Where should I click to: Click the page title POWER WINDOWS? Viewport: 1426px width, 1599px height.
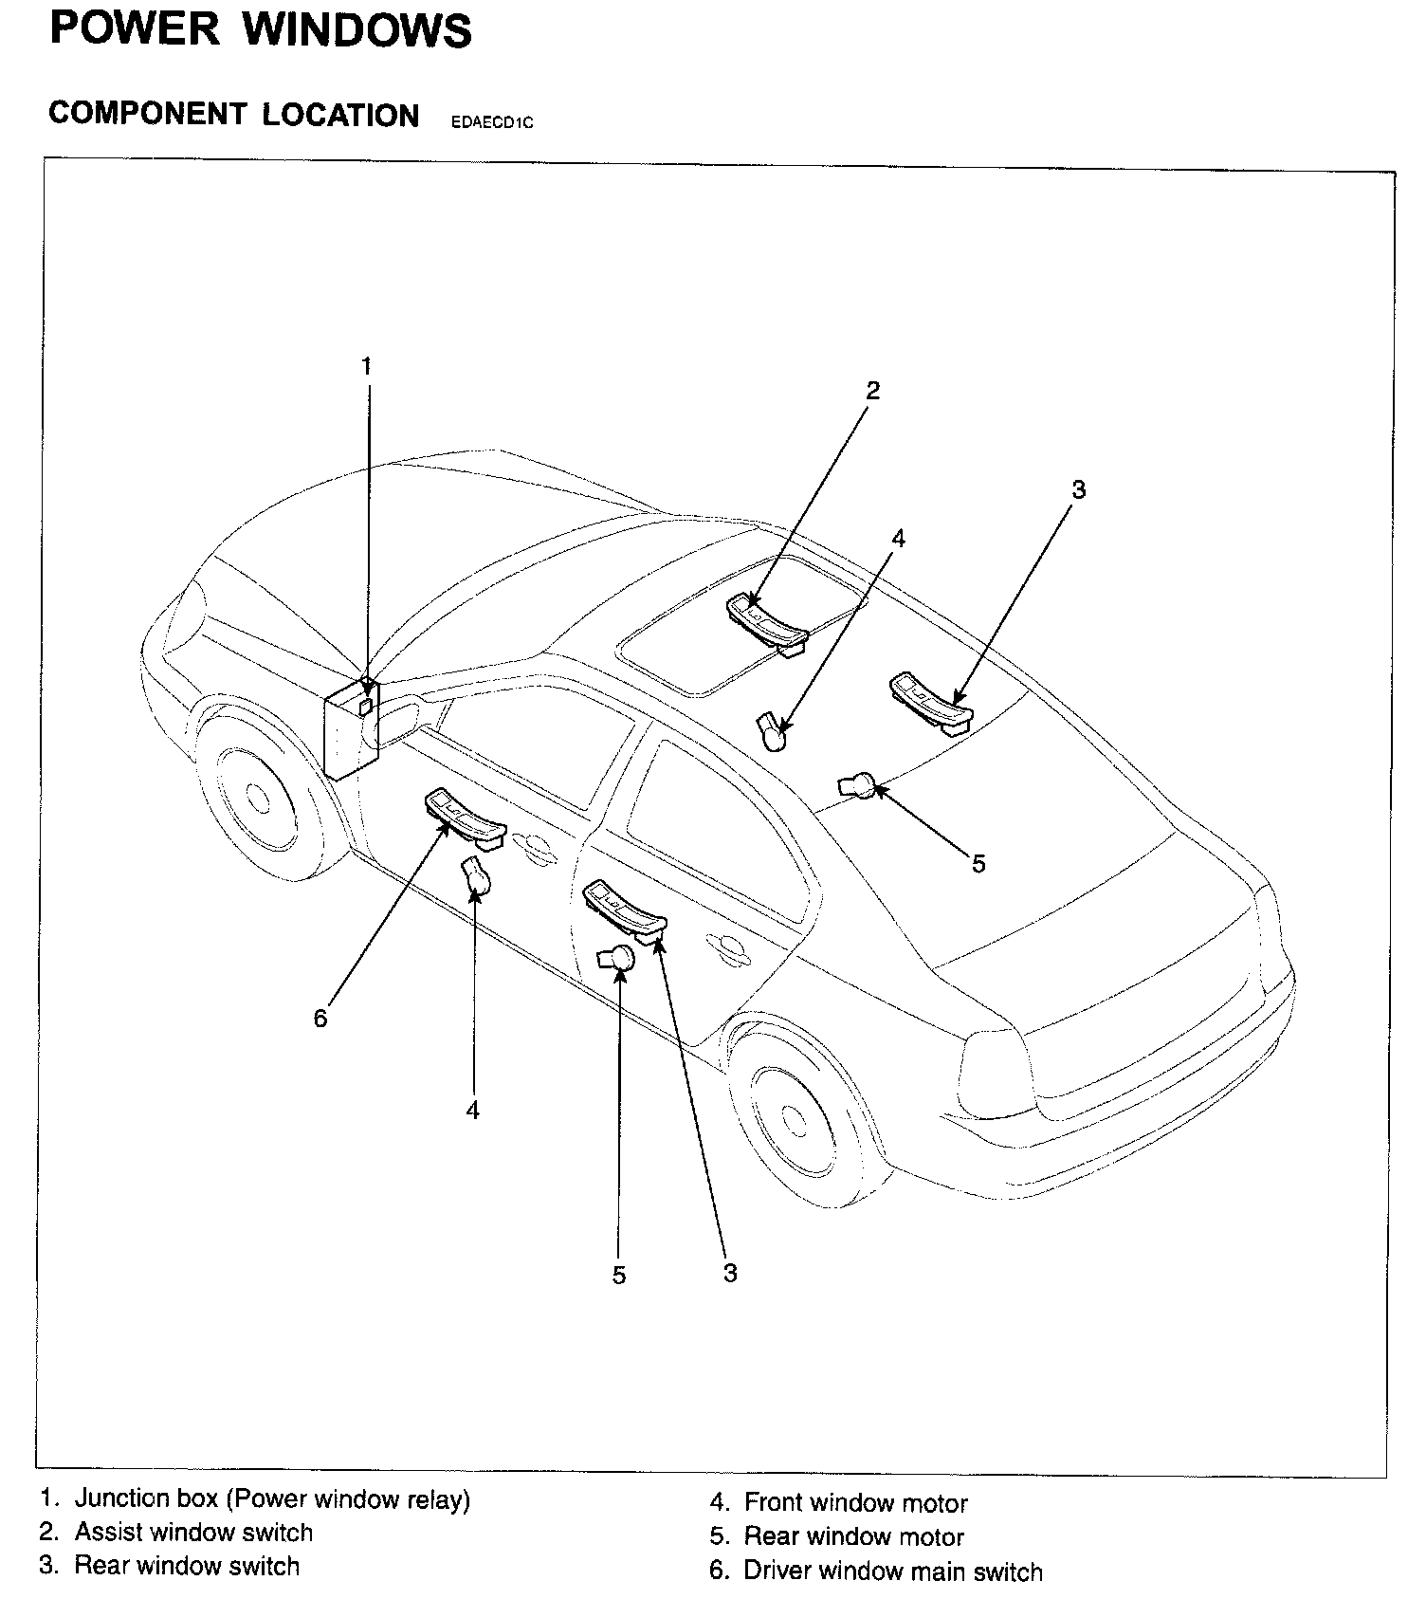pyautogui.click(x=260, y=30)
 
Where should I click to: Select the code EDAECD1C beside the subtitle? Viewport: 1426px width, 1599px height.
pyautogui.click(x=492, y=122)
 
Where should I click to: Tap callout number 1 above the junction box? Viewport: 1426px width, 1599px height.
pyautogui.click(x=367, y=366)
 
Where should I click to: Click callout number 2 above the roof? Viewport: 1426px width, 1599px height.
pyautogui.click(x=872, y=390)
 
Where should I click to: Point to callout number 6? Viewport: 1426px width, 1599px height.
pyautogui.click(x=320, y=1019)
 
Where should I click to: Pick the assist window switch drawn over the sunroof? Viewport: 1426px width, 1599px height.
pyautogui.click(x=767, y=622)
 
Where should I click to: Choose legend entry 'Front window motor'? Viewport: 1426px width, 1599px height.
pyautogui.click(x=854, y=1503)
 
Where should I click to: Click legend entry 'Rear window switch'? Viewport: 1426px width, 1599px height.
pyautogui.click(x=186, y=1566)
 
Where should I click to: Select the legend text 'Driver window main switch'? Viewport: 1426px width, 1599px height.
pyautogui.click(x=891, y=1571)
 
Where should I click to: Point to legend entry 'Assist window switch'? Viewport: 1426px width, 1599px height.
pyautogui.click(x=192, y=1533)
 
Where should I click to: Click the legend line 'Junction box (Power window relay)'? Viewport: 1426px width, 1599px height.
pyautogui.click(x=271, y=1499)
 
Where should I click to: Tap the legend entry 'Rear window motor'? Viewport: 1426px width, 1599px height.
pyautogui.click(x=852, y=1536)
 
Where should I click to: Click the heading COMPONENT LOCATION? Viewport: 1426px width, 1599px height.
pyautogui.click(x=233, y=115)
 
